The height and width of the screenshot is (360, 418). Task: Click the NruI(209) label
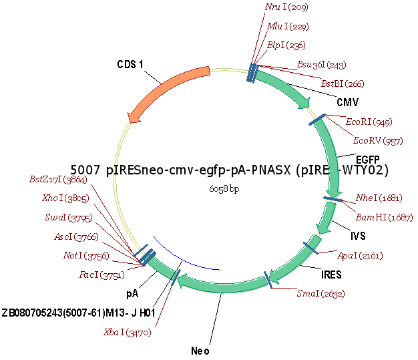click(286, 7)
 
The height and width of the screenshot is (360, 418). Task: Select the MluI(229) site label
click(288, 26)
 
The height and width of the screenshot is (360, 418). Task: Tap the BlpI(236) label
click(286, 45)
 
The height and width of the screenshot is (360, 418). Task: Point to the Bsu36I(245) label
click(322, 64)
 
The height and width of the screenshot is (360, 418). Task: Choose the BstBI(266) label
click(343, 83)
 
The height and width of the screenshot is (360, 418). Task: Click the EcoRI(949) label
click(369, 122)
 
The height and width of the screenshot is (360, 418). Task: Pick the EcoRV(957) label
click(378, 140)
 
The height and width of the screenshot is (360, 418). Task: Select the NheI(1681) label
click(379, 198)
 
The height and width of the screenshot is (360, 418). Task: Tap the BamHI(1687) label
click(384, 217)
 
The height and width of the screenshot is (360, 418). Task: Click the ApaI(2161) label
click(360, 255)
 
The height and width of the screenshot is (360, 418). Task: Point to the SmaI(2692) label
click(321, 293)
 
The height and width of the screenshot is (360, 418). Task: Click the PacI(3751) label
click(101, 275)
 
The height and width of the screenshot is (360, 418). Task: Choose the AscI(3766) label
click(76, 236)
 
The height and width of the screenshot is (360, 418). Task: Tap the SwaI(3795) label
click(69, 217)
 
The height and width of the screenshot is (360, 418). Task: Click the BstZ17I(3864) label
click(58, 179)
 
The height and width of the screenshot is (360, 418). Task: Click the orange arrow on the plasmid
click(167, 93)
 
